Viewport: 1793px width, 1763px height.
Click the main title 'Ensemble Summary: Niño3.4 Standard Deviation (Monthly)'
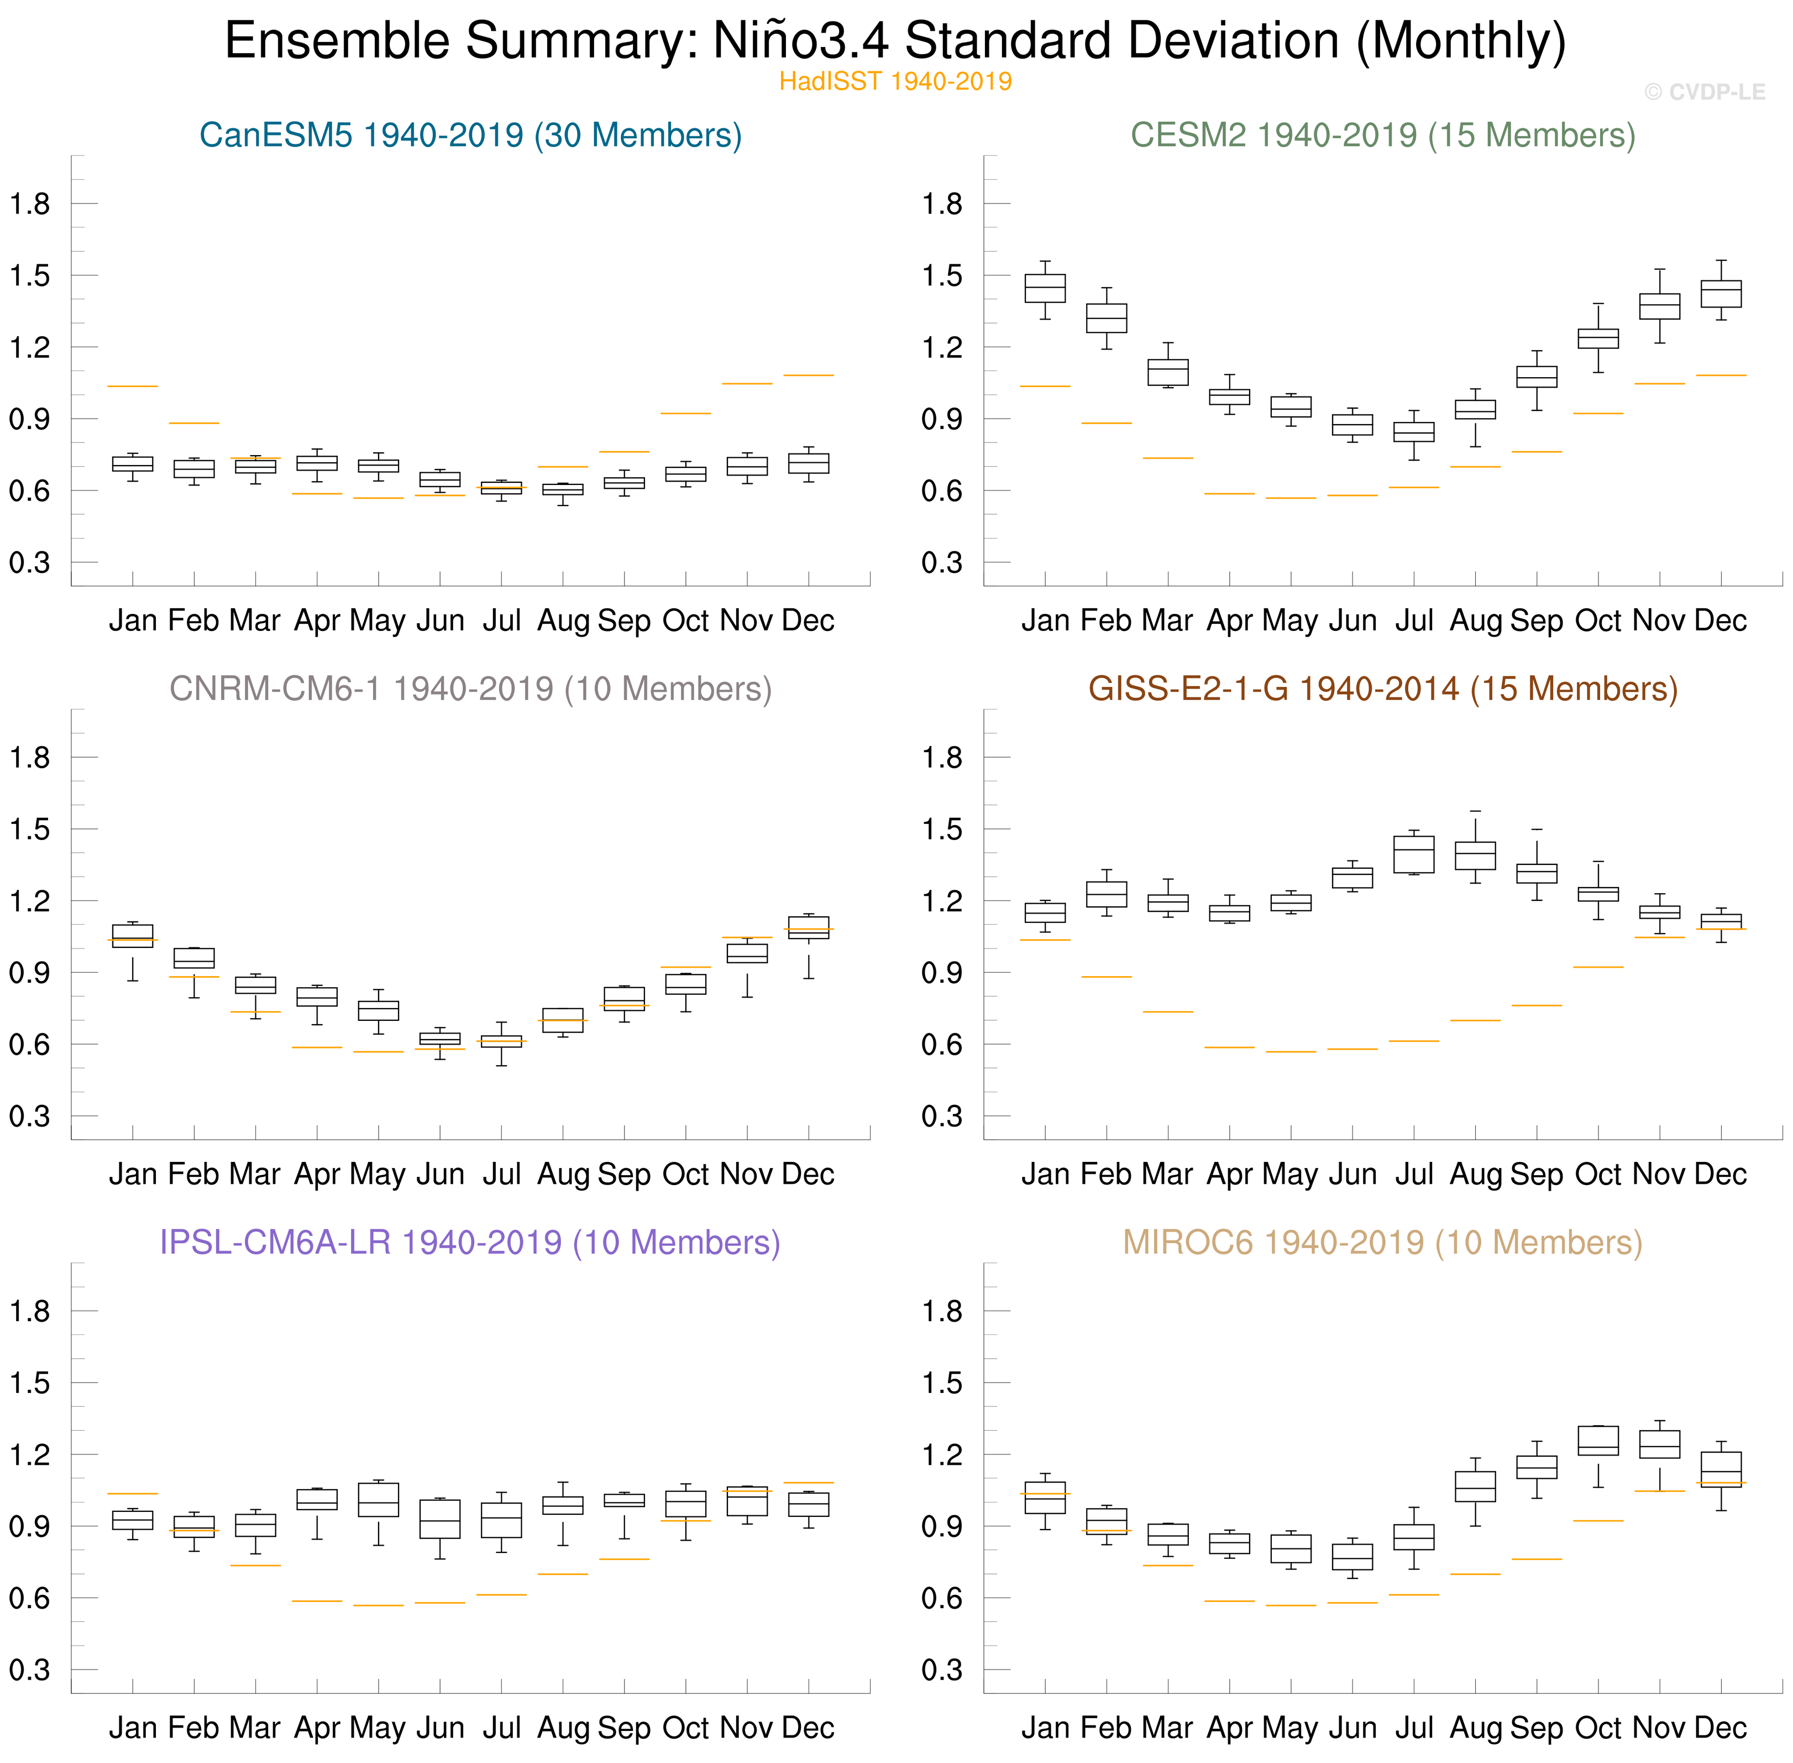tap(895, 41)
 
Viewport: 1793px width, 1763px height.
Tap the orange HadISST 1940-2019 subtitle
tap(895, 81)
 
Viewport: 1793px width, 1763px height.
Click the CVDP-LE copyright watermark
tap(1704, 92)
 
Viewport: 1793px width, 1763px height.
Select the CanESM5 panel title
tap(470, 135)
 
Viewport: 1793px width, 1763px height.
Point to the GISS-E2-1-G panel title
tap(1383, 689)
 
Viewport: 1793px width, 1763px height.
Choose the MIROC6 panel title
tap(1383, 1243)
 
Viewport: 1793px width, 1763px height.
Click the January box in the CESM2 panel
tap(1045, 288)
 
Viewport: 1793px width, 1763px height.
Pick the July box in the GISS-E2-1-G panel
tap(1413, 854)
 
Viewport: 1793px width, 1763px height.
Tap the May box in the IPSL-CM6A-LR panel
tap(379, 1499)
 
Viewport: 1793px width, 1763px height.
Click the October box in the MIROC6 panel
tap(1598, 1441)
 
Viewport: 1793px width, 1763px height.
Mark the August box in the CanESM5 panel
tap(563, 489)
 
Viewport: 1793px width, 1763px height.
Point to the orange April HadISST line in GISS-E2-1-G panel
tap(1229, 1047)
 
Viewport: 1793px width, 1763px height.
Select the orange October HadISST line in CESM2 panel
tap(1598, 413)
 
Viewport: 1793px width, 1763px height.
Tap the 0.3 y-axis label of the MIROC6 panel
tap(942, 1670)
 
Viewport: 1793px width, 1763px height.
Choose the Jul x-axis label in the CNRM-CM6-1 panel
tap(502, 1174)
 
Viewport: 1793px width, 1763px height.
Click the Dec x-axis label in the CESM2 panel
tap(1720, 620)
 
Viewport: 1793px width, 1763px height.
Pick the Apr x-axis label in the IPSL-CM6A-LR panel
tap(317, 1728)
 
